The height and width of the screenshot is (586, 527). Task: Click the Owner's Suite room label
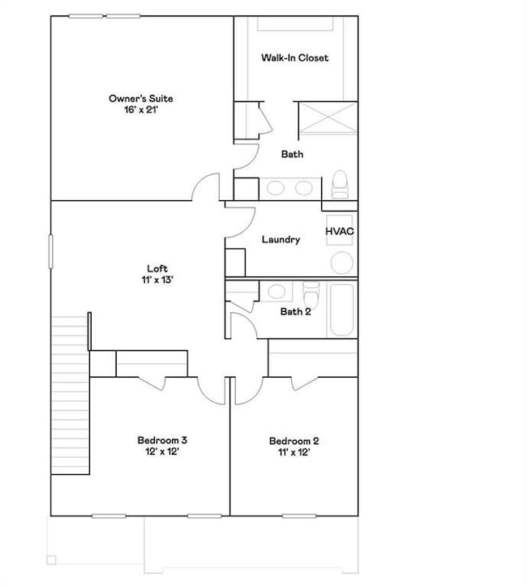[x=140, y=99]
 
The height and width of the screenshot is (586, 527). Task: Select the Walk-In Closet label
[x=294, y=58]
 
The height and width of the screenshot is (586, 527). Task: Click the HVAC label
[x=340, y=232]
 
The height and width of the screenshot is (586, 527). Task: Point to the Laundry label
[x=281, y=240]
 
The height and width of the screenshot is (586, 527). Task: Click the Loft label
[x=156, y=268]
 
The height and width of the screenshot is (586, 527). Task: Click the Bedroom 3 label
[x=162, y=441]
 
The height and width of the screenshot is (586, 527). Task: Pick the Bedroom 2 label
[x=293, y=441]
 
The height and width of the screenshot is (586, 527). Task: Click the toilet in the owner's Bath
[x=340, y=184]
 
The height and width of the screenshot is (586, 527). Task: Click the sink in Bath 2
[x=276, y=292]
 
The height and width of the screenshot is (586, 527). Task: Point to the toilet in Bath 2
[x=311, y=293]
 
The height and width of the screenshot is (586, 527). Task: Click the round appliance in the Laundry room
[x=341, y=263]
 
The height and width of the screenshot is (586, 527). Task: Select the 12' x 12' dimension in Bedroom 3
[x=162, y=451]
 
